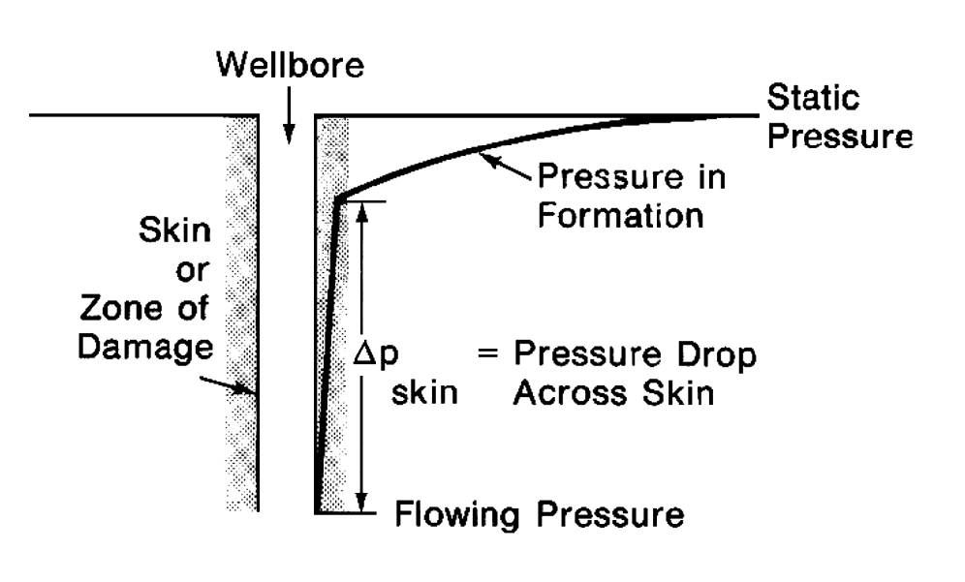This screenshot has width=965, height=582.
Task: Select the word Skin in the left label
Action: click(x=174, y=231)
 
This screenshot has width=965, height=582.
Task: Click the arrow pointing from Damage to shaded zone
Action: click(x=236, y=387)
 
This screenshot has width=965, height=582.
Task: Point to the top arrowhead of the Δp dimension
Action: click(x=362, y=210)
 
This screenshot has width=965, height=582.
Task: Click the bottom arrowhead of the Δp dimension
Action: click(x=362, y=501)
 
